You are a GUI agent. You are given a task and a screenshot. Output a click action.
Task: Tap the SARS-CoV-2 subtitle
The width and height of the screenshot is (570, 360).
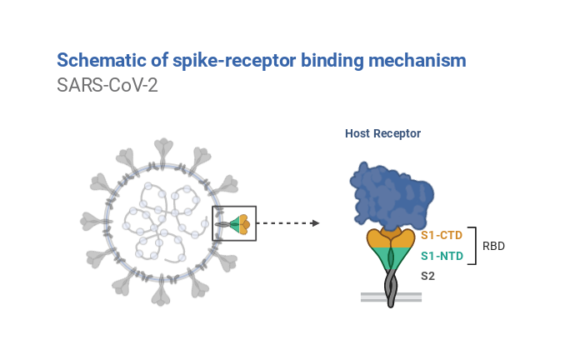click(107, 86)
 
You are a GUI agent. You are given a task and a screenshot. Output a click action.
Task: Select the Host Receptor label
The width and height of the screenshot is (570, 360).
click(382, 134)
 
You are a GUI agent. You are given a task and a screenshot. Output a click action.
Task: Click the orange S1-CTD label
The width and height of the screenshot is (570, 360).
click(441, 235)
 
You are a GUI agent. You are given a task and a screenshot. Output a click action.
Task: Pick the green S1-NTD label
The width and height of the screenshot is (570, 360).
click(441, 255)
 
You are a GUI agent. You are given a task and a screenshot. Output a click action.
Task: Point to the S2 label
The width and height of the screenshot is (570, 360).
click(427, 276)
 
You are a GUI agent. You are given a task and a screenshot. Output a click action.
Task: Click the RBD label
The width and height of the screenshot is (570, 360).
click(494, 247)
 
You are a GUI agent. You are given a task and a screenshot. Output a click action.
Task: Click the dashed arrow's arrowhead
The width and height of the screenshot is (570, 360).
click(315, 223)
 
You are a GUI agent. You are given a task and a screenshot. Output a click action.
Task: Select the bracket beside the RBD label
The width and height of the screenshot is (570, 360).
click(474, 245)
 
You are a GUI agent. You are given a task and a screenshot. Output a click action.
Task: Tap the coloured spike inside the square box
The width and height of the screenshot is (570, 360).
click(238, 224)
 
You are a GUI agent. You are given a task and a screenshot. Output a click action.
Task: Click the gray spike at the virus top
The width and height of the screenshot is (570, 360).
click(163, 149)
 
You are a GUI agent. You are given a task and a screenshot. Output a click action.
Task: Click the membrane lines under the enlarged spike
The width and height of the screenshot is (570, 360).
click(391, 296)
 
